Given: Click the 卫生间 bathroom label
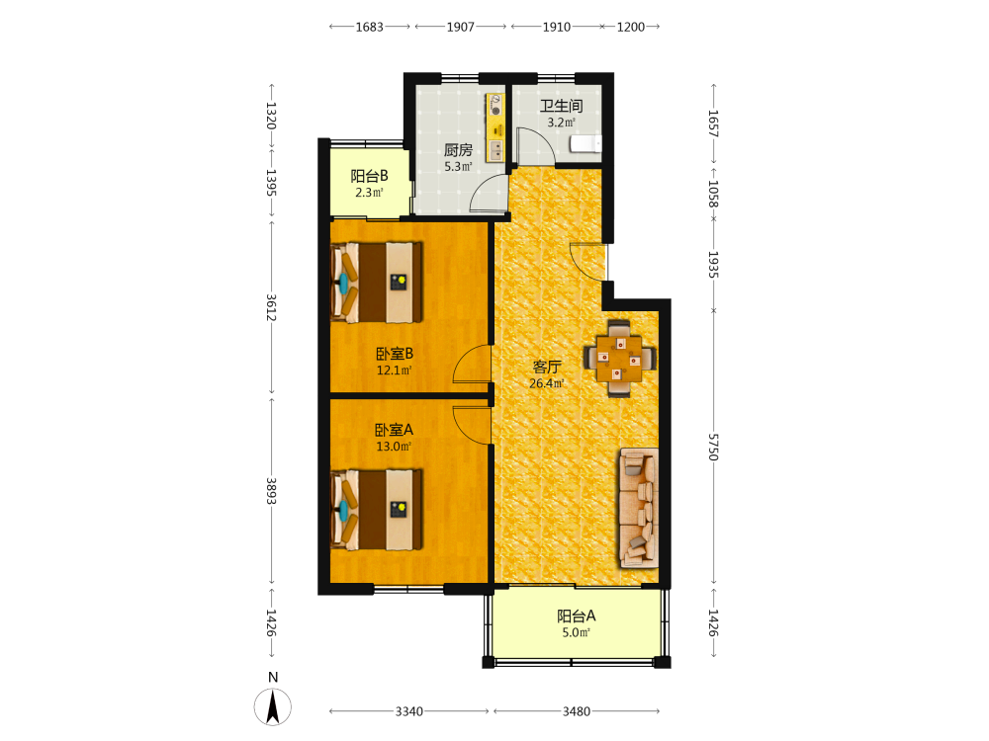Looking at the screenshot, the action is pos(561,106).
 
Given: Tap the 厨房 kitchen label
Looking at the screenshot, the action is pos(458,150).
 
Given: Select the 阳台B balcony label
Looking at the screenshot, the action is pos(369,176).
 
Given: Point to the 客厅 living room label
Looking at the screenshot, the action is pos(546,367).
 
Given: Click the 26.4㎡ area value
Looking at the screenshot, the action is pos(546,383).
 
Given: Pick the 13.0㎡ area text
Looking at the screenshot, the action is pos(394,447).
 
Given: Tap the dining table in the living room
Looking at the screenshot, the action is pos(619,359).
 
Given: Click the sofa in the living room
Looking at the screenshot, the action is pos(639,508).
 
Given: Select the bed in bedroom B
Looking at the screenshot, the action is pos(377,283).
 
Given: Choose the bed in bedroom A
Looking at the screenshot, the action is pos(377,509).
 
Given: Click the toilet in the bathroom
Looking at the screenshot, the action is pos(585,143).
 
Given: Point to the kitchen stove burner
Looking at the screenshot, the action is pos(495,107).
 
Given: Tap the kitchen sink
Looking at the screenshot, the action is pos(496,150).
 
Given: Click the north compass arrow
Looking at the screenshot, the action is pos(273,706).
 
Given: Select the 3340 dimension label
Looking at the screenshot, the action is pos(408,711).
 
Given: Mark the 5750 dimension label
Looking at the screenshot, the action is pos(713,447).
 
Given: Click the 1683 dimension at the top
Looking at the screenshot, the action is pos(369,27).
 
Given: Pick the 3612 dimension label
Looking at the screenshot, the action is pos(271,307).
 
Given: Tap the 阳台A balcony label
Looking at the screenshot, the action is pos(576,616).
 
